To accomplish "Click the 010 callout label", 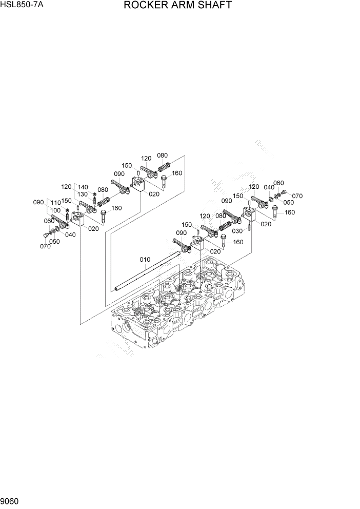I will point(145,259).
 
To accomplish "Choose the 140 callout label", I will point(83,187).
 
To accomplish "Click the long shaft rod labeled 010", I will point(149,274).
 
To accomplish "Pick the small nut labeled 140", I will point(94,193).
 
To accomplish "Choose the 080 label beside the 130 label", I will point(102,189).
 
